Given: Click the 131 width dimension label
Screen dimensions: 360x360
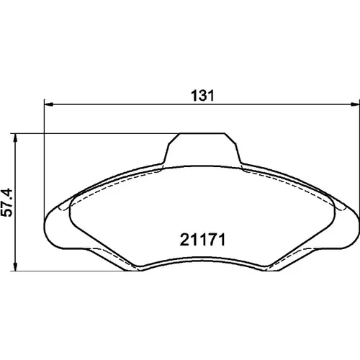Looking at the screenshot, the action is click(x=202, y=96).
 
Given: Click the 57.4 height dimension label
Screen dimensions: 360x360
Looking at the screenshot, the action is click(x=6, y=202).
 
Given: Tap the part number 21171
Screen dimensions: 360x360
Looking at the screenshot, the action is click(x=203, y=240).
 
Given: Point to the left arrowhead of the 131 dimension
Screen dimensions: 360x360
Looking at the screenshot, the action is click(x=49, y=104).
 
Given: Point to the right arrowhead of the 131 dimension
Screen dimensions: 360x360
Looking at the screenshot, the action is click(x=355, y=104).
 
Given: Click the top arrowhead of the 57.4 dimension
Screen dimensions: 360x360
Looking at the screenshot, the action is click(x=15, y=138).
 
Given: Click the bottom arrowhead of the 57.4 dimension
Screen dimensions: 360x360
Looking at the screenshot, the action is click(x=15, y=266).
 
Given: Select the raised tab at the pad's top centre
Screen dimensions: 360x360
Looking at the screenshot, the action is click(x=202, y=149).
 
